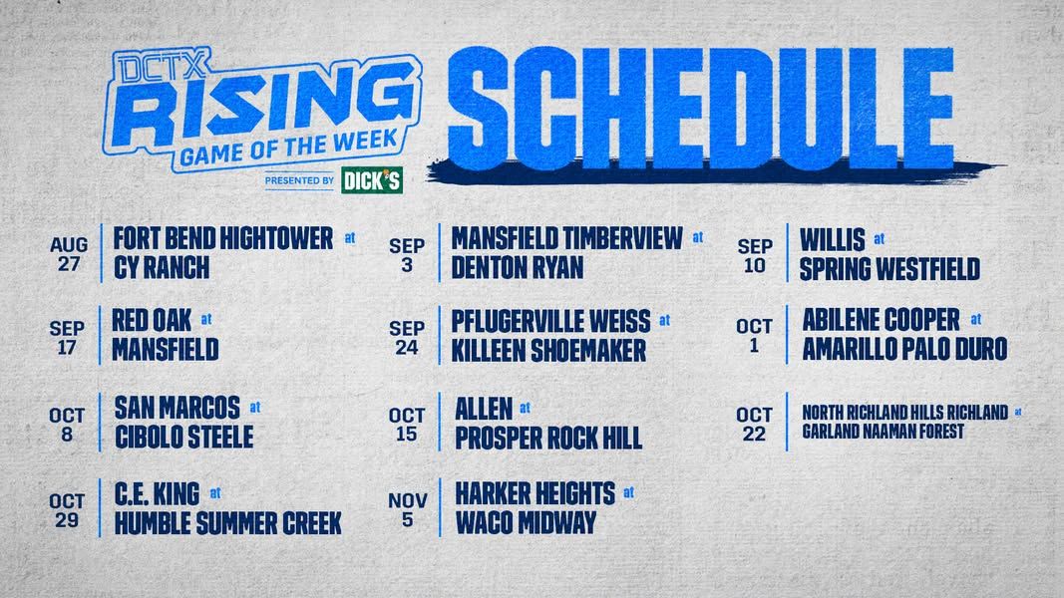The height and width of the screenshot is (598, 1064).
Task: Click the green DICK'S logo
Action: point(372,180)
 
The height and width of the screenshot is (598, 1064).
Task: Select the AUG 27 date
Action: point(69,253)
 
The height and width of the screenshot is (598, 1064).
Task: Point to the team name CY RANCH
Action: point(162,268)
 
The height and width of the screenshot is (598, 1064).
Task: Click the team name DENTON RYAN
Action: point(518,268)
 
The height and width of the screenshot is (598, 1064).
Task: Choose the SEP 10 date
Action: point(755,255)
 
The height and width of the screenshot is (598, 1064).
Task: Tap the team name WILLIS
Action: point(833,240)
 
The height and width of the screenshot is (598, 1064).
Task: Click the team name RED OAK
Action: point(152,321)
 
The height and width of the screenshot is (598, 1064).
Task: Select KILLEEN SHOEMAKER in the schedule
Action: point(548,351)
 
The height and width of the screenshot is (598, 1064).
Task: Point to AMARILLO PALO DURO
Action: point(904,349)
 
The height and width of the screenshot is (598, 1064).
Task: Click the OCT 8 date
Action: point(67,425)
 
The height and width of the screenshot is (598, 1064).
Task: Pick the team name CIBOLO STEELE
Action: point(183,438)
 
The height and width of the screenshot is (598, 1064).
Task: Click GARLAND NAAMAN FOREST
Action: point(883,432)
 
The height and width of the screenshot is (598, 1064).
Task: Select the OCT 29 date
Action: point(67,510)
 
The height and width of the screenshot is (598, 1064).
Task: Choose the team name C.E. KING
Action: point(157,494)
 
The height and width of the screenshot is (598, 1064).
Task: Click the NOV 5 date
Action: point(407,510)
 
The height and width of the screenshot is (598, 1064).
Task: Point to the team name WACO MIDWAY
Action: point(526,522)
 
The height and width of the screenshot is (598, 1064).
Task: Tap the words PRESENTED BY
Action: point(299,180)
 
